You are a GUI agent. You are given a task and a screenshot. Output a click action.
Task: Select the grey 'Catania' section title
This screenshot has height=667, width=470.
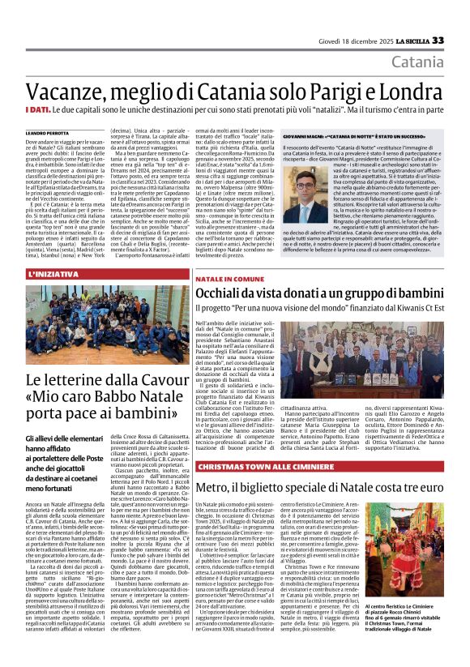point(417,62)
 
